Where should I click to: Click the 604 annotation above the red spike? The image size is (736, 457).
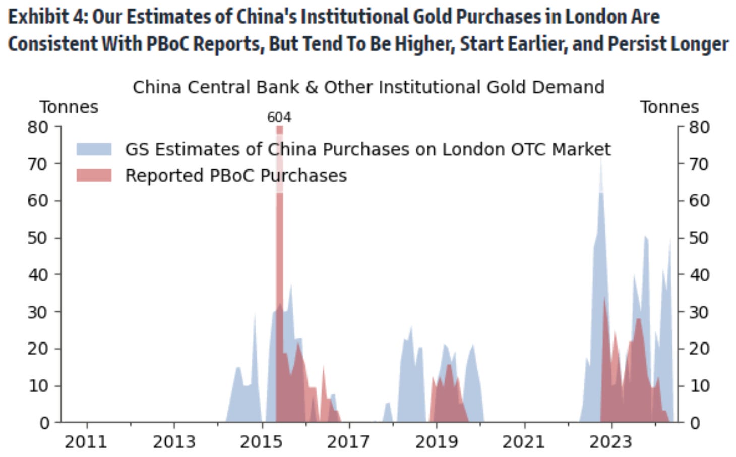279,117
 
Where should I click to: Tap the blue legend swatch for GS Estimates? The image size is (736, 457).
94,149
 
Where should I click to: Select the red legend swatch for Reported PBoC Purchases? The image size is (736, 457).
94,176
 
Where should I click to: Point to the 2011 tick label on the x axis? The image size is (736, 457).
86,442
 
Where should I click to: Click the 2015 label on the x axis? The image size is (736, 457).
261,442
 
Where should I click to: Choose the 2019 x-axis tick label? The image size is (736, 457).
436,442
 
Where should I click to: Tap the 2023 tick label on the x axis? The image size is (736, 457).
610,442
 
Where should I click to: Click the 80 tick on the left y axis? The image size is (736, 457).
38,127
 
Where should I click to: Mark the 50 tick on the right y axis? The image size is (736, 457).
699,238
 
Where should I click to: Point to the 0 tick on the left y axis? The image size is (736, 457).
44,423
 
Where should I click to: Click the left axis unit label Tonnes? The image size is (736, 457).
69,107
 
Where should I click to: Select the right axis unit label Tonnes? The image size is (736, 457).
669,107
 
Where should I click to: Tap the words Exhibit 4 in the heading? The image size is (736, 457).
47,17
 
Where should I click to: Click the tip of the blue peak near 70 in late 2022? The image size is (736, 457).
600,158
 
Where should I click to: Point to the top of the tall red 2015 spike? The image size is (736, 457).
279,127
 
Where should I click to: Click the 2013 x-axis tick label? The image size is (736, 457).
174,442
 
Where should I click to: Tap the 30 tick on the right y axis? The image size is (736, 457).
699,312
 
